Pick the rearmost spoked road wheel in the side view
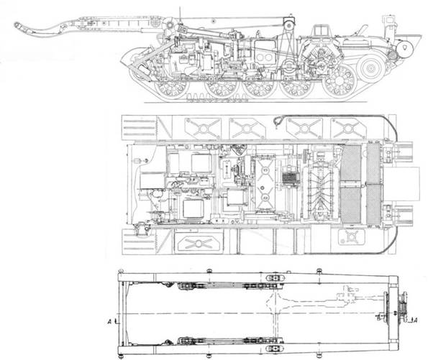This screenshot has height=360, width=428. (340, 81)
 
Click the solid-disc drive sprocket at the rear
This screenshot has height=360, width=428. (370, 68)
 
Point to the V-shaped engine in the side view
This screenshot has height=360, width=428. (320, 56)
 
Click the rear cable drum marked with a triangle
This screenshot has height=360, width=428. (404, 49)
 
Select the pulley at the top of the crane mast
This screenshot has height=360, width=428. (288, 25)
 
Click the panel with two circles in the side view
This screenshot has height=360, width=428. (265, 57)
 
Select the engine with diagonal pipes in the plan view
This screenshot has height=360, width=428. (319, 189)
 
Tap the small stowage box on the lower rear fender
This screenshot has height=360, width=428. (351, 236)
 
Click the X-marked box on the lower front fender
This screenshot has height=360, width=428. (199, 243)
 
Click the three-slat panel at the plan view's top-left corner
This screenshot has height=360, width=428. (140, 128)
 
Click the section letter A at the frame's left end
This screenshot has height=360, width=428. (109, 322)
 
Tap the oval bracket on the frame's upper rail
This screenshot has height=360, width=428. (275, 278)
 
